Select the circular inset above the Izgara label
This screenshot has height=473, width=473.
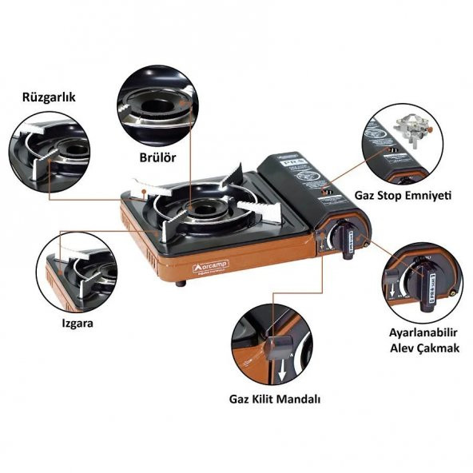click(76, 268)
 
